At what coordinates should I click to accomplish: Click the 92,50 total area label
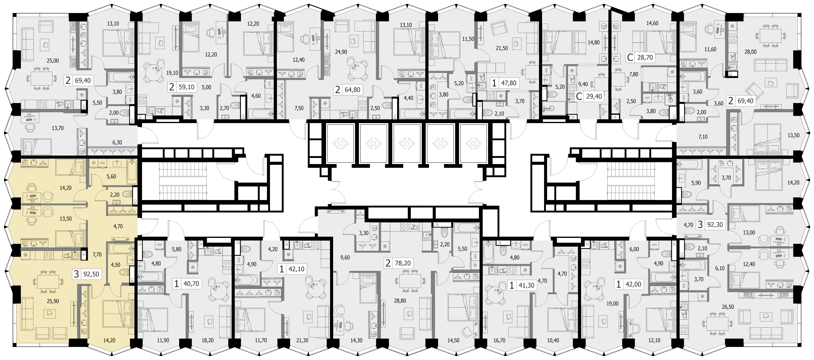pyautogui.click(x=91, y=274)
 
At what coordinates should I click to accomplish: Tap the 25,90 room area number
pyautogui.click(x=53, y=301)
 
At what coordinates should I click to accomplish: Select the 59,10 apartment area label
pyautogui.click(x=186, y=87)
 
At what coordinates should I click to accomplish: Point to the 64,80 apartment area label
pyautogui.click(x=352, y=90)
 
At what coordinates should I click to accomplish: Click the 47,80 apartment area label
pyautogui.click(x=509, y=83)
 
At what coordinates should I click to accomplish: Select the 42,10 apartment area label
pyautogui.click(x=296, y=269)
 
